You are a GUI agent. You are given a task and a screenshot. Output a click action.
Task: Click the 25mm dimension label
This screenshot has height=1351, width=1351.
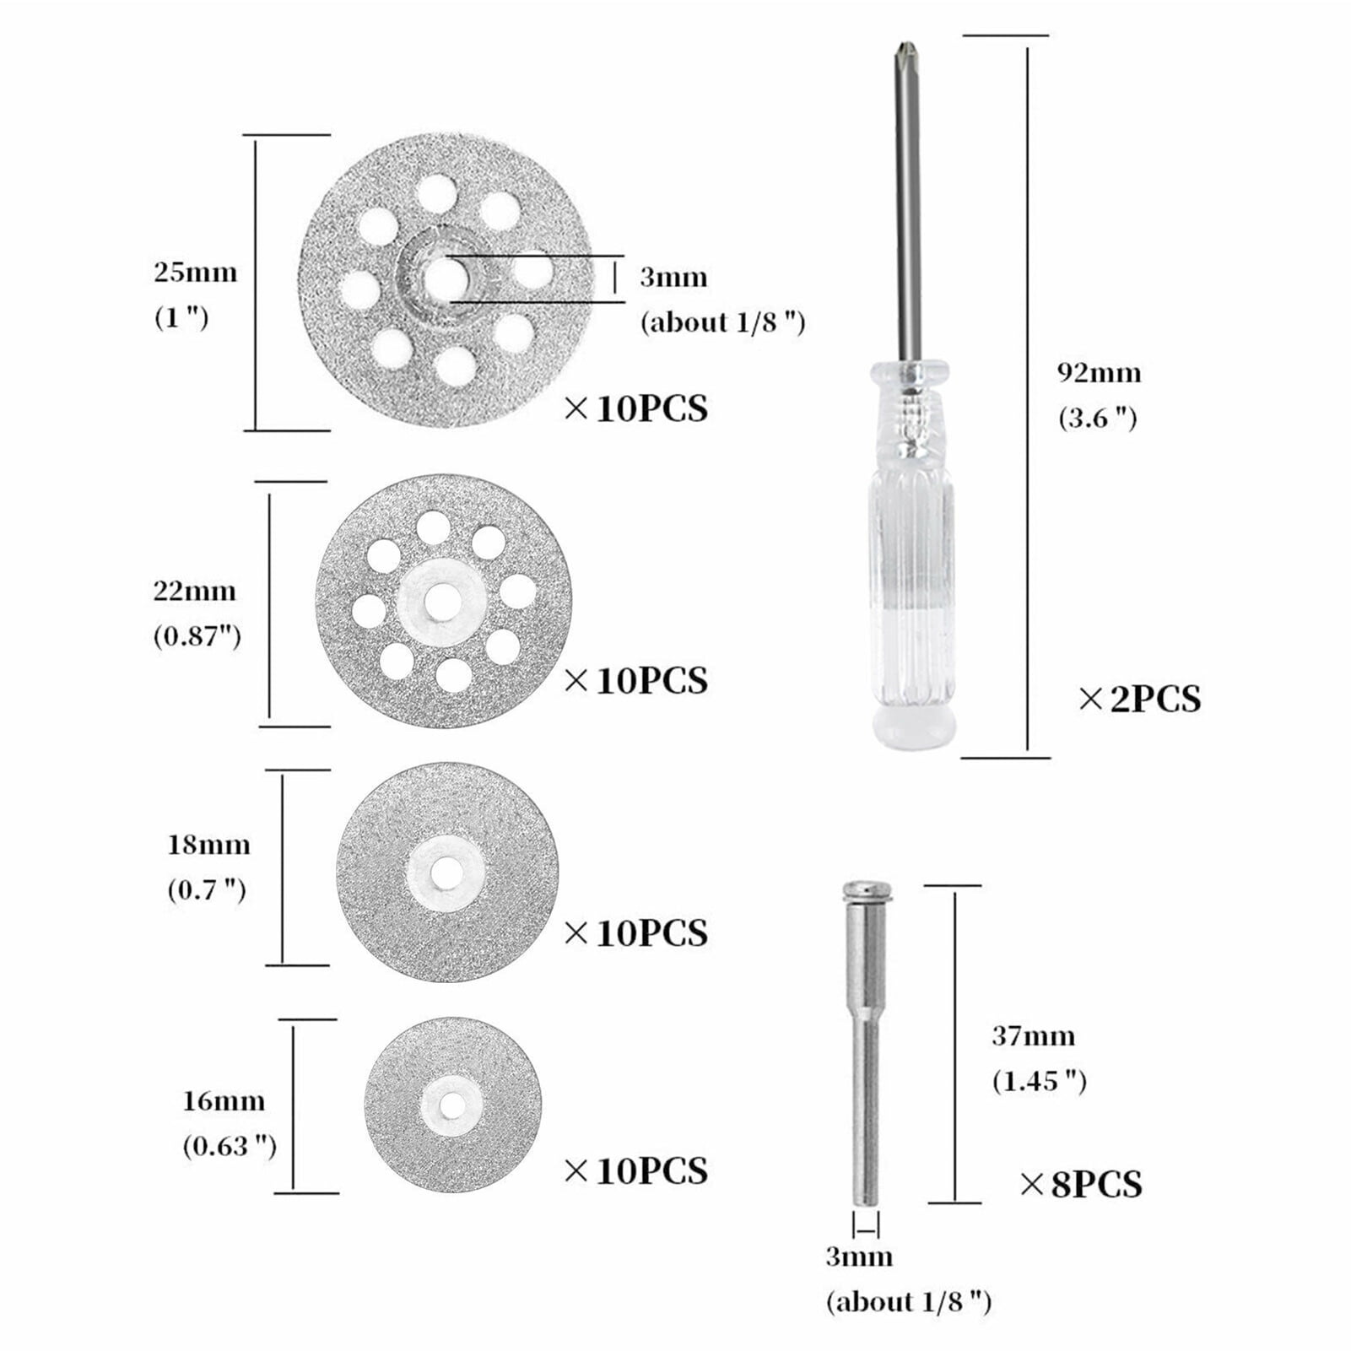195,273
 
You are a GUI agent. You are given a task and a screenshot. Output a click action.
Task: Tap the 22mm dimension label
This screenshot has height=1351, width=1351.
194,590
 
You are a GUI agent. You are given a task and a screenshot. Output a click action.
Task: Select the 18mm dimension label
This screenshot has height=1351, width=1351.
208,845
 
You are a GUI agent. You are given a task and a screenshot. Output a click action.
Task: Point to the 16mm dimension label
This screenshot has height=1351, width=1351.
224,1100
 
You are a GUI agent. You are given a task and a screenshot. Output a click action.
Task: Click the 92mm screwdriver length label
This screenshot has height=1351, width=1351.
1099,372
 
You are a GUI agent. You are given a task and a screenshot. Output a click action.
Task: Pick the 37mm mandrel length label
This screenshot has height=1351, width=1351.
1033,1035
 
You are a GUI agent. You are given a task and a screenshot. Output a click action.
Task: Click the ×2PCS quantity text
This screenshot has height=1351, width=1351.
1139,699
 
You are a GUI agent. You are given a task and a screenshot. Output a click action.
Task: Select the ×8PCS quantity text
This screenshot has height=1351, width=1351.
1081,1184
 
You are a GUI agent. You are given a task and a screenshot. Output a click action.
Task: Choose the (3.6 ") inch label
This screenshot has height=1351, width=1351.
1097,418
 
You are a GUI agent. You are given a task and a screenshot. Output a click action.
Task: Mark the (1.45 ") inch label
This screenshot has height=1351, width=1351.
1039,1081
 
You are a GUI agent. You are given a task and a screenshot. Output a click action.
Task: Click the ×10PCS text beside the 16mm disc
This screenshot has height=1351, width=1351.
635,1170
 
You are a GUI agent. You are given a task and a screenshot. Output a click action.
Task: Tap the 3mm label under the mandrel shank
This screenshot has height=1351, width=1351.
858,1256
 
